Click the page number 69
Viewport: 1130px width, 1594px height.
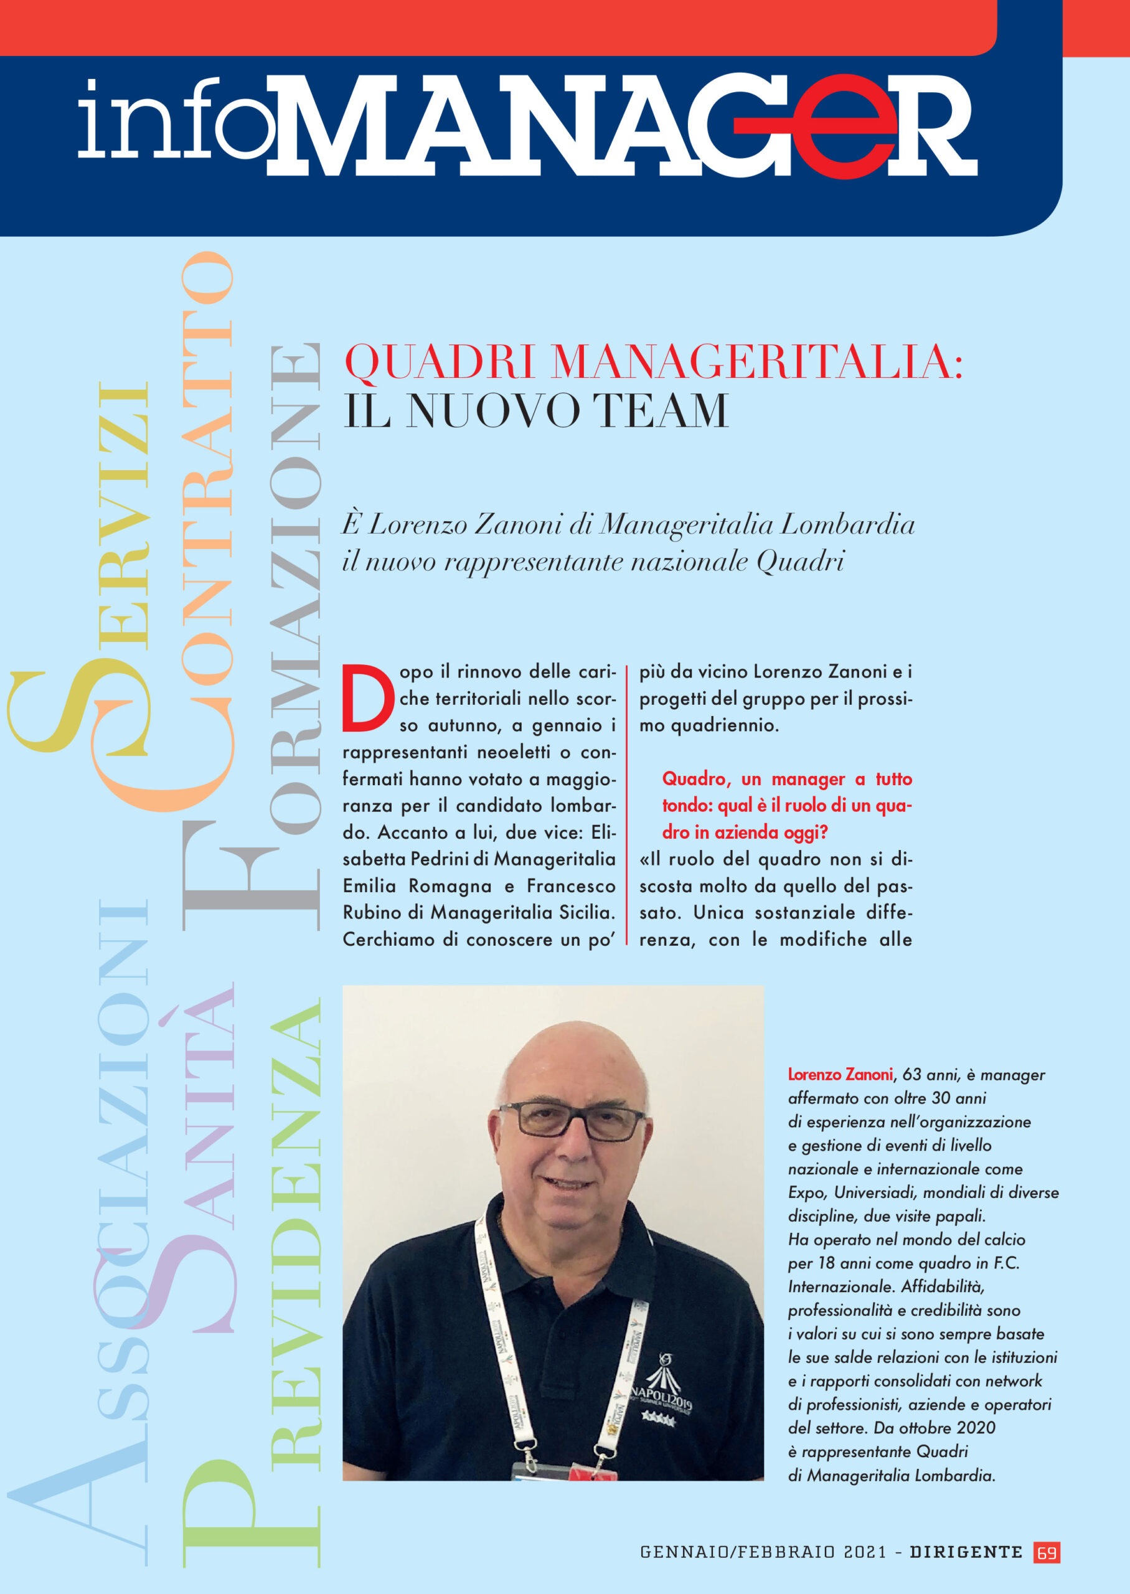[1047, 1552]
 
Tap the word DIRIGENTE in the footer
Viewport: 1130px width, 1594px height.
[966, 1552]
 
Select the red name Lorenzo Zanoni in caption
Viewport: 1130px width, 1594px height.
[839, 1074]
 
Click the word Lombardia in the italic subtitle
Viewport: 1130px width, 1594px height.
[847, 525]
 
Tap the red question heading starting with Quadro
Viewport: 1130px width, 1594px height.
[786, 805]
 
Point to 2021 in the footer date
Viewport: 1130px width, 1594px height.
[865, 1552]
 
